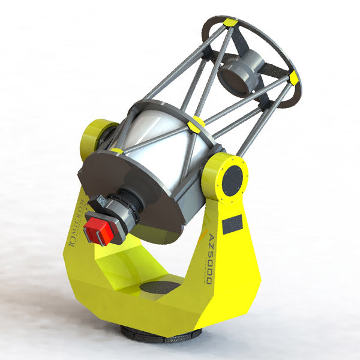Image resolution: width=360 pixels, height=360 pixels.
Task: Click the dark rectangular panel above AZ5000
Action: [x=232, y=224]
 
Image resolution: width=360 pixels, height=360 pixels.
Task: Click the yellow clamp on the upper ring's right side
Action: [x=293, y=78]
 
